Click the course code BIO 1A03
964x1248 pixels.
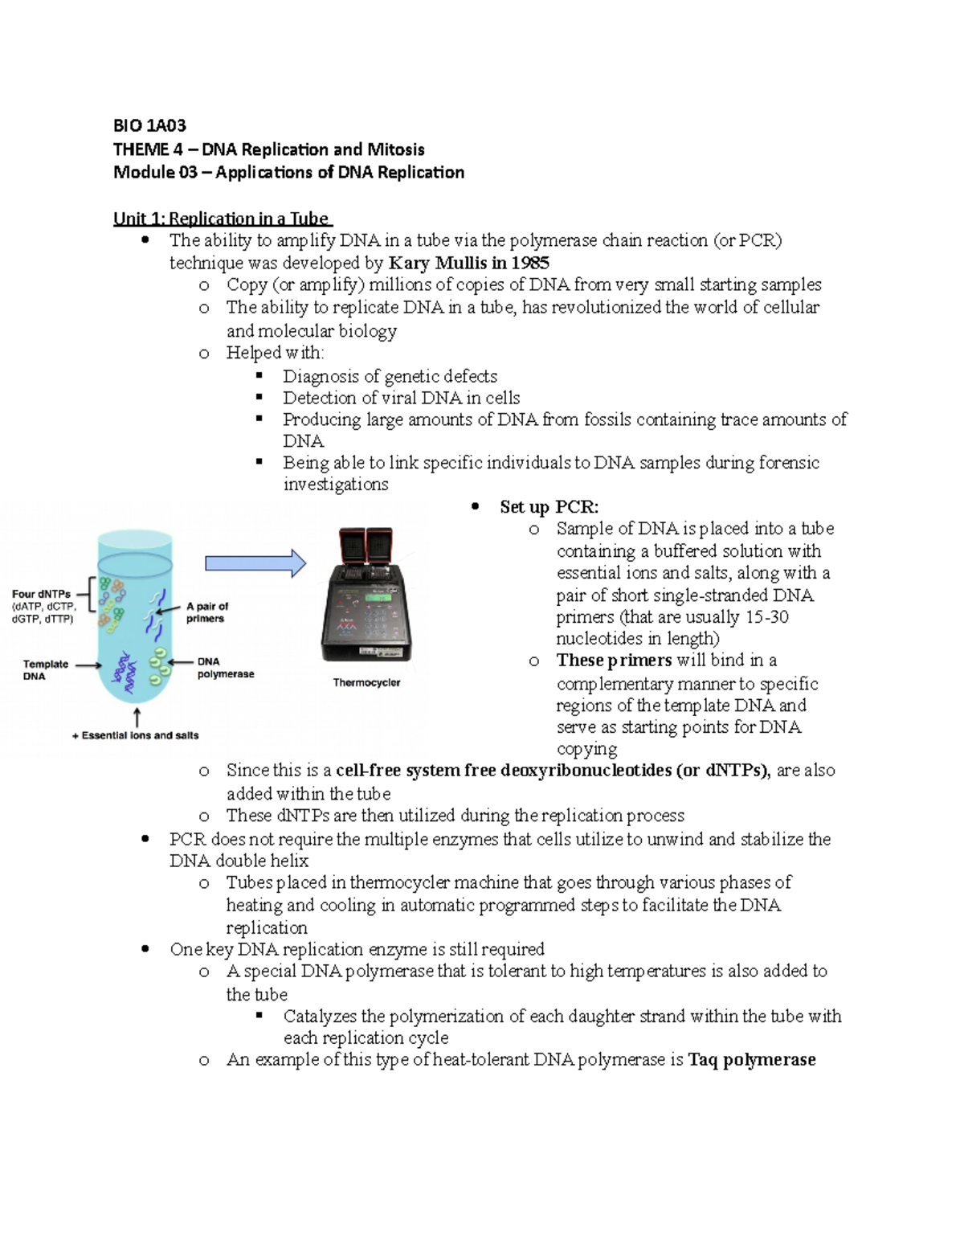(149, 125)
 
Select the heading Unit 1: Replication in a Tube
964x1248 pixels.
(222, 219)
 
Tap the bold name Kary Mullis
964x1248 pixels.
(437, 263)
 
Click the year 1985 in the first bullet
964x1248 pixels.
(530, 263)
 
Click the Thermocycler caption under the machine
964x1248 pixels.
(366, 682)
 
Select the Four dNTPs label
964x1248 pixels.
(42, 594)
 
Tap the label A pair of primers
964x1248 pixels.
(206, 612)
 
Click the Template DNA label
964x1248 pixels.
(45, 669)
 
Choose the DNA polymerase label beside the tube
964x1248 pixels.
(225, 668)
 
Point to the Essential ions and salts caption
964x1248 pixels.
(136, 735)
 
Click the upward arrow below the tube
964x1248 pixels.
(137, 717)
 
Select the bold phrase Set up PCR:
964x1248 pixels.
(549, 507)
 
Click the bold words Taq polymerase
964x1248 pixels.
(751, 1060)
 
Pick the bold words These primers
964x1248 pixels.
(614, 661)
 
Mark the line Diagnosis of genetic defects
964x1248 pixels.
(390, 376)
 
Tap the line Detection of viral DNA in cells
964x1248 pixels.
(401, 398)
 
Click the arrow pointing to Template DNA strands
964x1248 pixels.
(88, 665)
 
